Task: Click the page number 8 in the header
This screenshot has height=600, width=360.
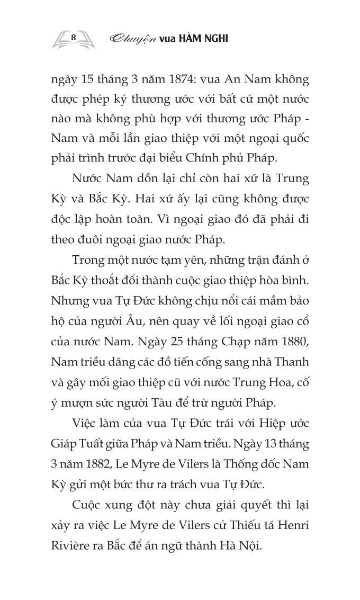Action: click(74, 37)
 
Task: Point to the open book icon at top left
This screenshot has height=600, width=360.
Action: click(74, 38)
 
